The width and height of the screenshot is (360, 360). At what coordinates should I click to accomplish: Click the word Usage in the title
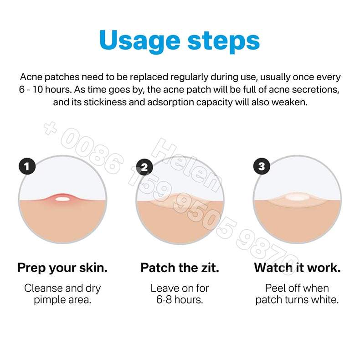coord(139,41)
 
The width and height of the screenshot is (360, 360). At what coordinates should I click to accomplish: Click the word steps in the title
coord(224,41)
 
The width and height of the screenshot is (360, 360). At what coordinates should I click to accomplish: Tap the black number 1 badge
coord(27,166)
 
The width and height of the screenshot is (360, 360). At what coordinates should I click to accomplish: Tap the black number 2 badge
coord(144,167)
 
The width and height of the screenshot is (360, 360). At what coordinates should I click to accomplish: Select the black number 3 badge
coord(262,166)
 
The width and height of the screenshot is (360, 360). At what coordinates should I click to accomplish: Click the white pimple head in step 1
coord(62,199)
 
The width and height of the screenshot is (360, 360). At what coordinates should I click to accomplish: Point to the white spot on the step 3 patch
coord(297,197)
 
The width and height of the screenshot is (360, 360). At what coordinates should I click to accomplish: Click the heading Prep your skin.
coord(62,268)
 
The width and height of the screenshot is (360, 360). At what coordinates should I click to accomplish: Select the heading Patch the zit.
coord(180,267)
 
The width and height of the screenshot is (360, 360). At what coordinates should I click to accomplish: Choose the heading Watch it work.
coord(297,267)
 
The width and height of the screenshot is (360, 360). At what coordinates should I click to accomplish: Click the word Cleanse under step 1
coord(43,288)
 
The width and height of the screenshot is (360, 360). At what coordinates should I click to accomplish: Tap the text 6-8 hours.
coord(180,299)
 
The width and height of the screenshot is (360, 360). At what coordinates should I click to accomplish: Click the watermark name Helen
coord(186,165)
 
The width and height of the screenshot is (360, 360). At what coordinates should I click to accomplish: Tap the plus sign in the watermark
coord(50,128)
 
